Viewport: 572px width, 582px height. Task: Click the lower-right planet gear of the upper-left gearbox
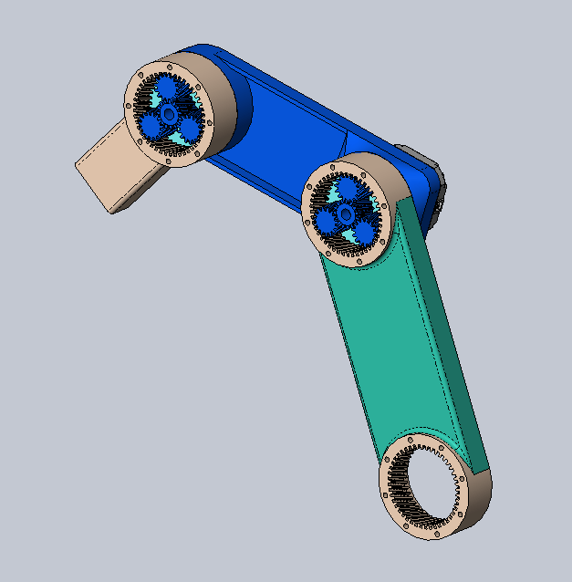tap(189, 128)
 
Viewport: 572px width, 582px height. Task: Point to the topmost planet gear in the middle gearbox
tap(347, 190)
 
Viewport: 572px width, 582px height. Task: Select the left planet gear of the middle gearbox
tap(324, 221)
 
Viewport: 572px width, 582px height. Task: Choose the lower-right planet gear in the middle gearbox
tap(363, 233)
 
